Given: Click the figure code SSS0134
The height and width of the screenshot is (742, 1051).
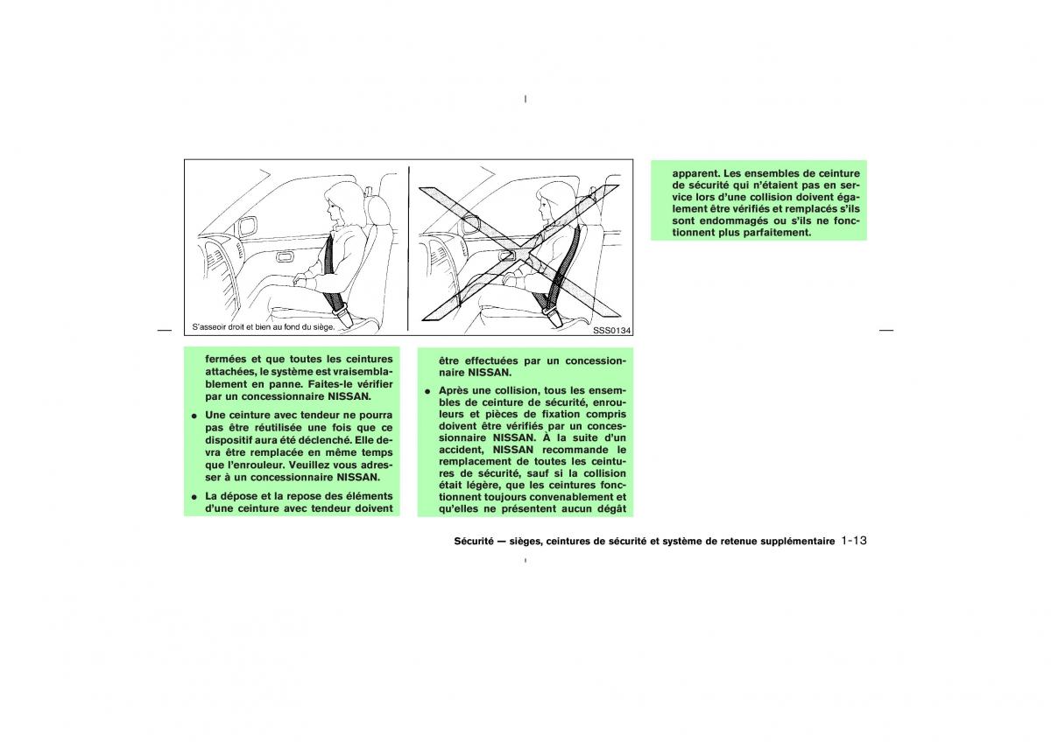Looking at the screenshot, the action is point(612,330).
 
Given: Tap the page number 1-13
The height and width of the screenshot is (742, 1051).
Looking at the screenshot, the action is point(854,541).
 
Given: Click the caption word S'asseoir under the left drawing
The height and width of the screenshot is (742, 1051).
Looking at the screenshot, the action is point(209,326).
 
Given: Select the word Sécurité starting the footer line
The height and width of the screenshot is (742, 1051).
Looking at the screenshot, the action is point(474,541).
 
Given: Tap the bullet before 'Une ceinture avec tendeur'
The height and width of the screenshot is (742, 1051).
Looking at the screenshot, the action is point(193,416).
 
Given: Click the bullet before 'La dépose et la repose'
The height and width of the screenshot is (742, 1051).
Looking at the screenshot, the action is point(193,497).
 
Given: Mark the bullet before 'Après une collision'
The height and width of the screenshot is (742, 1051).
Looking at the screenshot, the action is point(427,391).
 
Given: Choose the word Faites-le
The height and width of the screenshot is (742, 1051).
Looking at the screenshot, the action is point(331,384).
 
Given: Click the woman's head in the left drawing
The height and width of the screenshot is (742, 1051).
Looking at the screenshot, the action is point(341,204).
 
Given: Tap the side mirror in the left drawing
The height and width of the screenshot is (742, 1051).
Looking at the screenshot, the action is point(247,226).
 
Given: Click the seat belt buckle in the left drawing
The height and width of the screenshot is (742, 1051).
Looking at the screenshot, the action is point(342,314).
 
